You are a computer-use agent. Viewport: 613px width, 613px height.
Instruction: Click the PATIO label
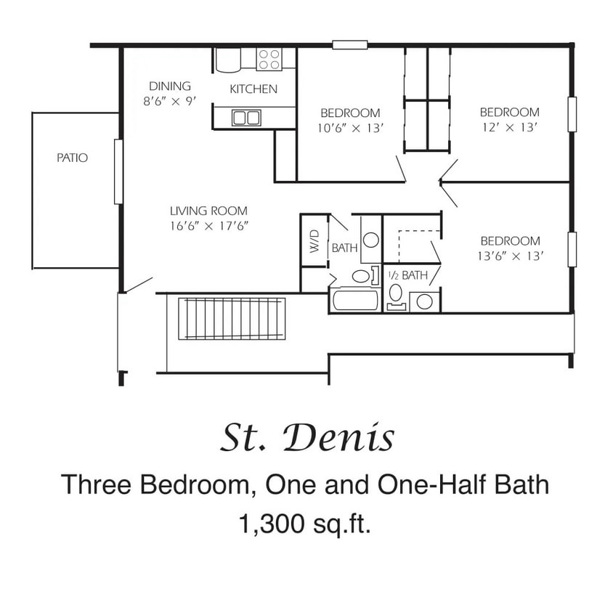coord(72,157)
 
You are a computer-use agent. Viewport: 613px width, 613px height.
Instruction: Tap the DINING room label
coord(170,86)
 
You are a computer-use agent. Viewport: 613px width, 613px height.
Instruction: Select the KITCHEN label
coord(253,89)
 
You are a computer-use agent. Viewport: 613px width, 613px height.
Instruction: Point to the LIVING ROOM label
coord(209,211)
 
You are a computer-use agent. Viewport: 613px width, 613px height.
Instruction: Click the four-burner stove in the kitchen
coord(269,58)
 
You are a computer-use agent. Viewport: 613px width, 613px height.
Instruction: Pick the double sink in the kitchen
coord(246,117)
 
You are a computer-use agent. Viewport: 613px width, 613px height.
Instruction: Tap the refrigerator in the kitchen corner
coord(228,59)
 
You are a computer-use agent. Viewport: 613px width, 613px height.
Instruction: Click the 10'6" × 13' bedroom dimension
coord(350,128)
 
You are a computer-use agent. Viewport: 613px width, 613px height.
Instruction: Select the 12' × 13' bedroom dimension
coord(509,127)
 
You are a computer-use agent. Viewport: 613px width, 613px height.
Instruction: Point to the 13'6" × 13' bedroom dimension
coord(509,256)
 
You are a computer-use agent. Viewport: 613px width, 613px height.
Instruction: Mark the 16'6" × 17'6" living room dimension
coord(209,226)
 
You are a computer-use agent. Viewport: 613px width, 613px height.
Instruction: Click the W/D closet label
coord(314,242)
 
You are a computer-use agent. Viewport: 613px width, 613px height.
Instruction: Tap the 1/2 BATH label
coord(407,275)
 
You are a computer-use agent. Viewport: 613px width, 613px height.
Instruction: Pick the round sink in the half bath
coord(426,301)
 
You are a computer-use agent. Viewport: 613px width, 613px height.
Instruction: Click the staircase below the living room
coord(233,318)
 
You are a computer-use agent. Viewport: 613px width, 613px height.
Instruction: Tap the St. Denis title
coord(306,438)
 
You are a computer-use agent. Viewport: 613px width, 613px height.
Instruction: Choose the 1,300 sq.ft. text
coord(306,523)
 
